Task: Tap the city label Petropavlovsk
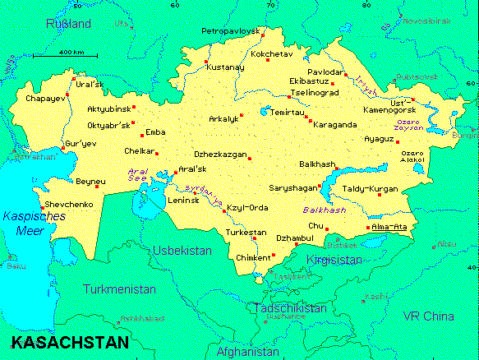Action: coord(230,31)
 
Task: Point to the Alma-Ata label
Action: coord(389,227)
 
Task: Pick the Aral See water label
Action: coord(137,176)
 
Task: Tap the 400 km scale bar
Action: coord(65,56)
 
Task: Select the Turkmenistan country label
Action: coord(119,289)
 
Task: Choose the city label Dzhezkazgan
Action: coord(219,154)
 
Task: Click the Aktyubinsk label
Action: coord(108,108)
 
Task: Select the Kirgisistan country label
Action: coord(334,260)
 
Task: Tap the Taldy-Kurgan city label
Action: coord(370,189)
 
